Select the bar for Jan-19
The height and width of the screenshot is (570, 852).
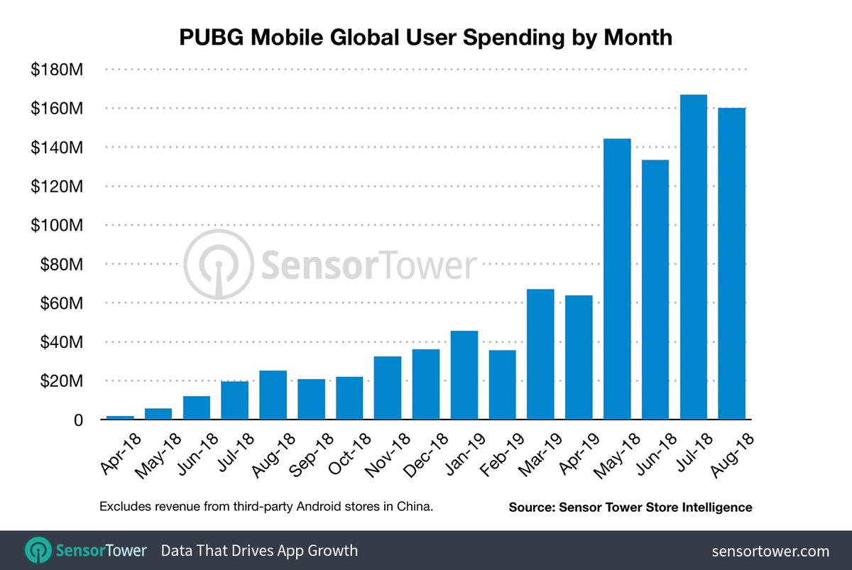[x=464, y=376]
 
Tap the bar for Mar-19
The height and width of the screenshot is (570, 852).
[x=540, y=354]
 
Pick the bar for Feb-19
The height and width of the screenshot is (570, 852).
[x=502, y=385]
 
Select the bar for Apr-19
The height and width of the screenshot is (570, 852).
[x=579, y=357]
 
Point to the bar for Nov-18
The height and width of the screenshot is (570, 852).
[x=388, y=388]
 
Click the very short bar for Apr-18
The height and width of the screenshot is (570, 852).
[x=120, y=417]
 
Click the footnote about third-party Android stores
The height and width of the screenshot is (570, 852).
[x=266, y=507]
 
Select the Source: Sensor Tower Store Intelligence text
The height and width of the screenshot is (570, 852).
[x=630, y=508]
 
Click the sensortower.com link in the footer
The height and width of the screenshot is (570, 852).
[x=770, y=551]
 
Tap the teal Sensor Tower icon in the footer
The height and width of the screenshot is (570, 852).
[x=36, y=550]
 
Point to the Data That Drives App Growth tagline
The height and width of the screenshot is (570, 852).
[x=259, y=551]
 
